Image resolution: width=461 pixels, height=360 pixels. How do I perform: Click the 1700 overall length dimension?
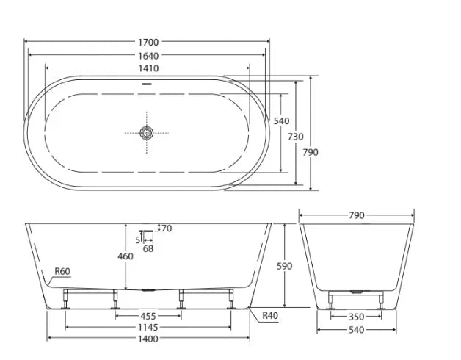(x=148, y=42)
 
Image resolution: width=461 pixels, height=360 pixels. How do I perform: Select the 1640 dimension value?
(x=148, y=55)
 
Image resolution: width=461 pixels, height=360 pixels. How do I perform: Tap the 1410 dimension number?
(x=148, y=68)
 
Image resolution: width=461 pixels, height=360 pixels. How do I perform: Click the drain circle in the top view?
(x=147, y=133)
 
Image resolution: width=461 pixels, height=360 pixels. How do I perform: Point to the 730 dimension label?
(x=295, y=137)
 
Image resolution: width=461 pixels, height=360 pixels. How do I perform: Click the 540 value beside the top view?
(x=281, y=121)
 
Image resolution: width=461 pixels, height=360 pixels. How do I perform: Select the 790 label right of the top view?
(x=311, y=152)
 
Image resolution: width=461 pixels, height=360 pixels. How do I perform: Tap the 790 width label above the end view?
(x=355, y=215)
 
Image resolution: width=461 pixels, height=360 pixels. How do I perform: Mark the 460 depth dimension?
(x=126, y=256)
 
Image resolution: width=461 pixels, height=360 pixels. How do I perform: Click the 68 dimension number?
(x=148, y=248)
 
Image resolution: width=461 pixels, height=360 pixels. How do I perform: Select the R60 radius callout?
(x=62, y=272)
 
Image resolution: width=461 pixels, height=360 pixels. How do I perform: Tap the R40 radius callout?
(x=270, y=315)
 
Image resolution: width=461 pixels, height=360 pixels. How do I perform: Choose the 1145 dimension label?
(x=148, y=326)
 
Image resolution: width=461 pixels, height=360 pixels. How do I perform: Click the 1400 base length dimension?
(x=148, y=338)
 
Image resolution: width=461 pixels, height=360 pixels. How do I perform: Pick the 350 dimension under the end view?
(x=355, y=317)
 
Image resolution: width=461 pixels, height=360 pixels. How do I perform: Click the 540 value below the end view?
(x=355, y=330)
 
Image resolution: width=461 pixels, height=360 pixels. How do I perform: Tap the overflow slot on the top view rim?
(x=147, y=83)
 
